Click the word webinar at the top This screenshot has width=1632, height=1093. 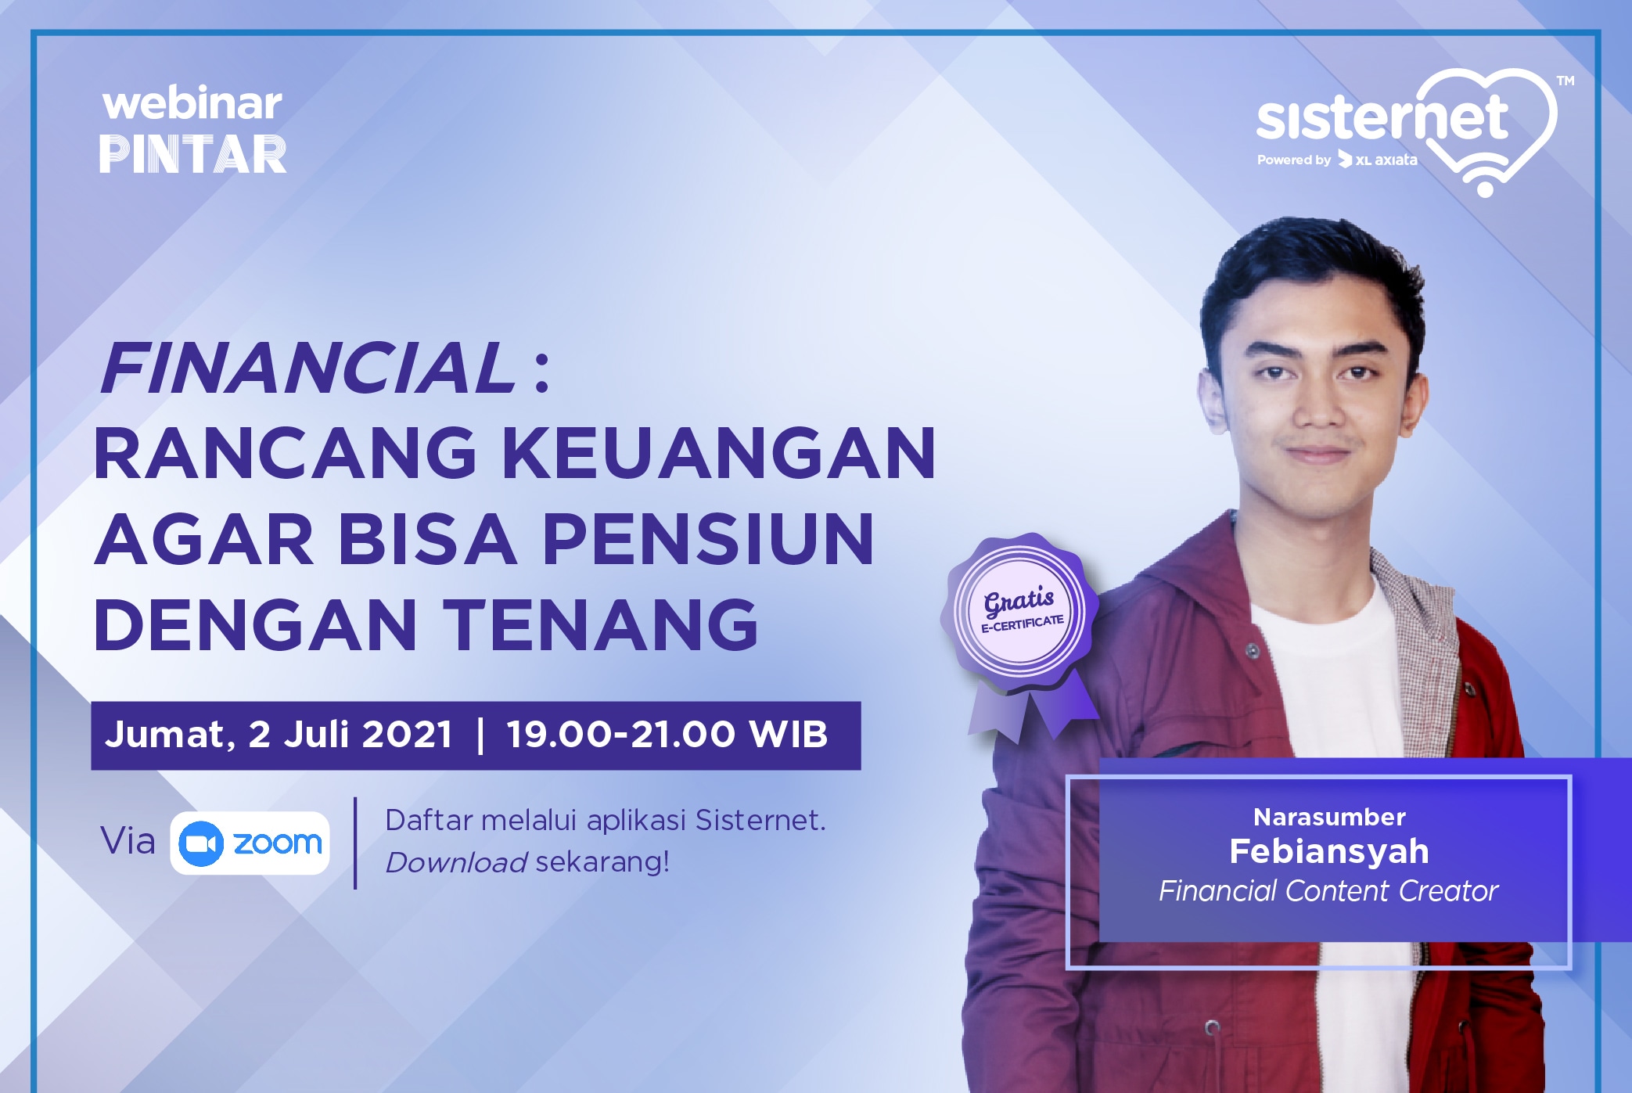coord(192,103)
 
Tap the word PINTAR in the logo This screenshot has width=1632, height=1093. coord(192,153)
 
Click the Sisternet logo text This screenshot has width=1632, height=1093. coord(1382,119)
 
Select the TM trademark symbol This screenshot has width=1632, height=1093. coord(1565,81)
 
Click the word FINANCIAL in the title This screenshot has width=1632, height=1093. coord(307,368)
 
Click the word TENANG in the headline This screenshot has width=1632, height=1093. coord(601,624)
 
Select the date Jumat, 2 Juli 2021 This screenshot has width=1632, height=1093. coord(279,735)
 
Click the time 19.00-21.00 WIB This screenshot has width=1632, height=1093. coord(667,735)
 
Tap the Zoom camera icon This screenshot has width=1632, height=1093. coord(201,843)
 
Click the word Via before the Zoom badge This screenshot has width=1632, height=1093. coord(128,841)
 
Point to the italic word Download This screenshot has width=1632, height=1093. coord(456,862)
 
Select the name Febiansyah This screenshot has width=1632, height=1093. coord(1328,851)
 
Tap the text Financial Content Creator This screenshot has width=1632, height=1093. coord(1328,891)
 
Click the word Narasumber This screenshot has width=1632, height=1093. coord(1329,817)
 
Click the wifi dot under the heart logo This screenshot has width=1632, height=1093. coord(1485,189)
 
